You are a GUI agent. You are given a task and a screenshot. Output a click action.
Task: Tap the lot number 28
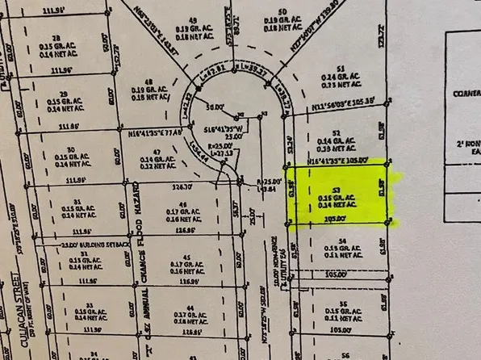point(56,38)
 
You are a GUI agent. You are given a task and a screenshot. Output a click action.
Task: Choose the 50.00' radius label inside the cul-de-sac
point(214,106)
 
